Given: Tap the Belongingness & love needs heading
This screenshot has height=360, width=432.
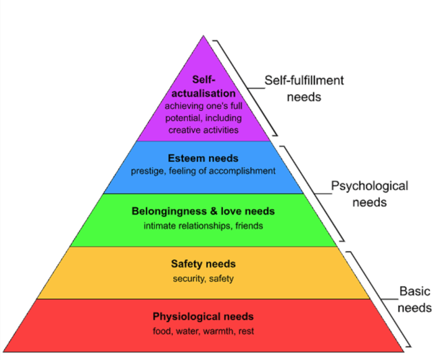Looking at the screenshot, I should coord(203,211).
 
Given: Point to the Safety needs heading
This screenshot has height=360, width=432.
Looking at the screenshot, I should coord(203,264).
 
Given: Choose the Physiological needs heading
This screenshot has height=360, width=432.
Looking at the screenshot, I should coord(203,317).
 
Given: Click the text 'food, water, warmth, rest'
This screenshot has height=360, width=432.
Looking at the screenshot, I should coord(203,331).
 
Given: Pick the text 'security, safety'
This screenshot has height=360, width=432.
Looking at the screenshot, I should coord(203,278).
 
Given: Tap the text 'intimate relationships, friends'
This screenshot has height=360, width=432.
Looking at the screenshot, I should coord(203,225).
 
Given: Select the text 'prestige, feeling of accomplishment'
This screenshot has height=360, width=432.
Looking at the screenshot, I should coord(203,171).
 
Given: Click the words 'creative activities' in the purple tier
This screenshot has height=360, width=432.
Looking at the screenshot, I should coord(203,129).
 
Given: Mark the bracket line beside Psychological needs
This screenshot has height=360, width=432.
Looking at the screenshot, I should coord(316,193).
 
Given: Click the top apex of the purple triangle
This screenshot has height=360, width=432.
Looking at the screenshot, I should coord(203,36).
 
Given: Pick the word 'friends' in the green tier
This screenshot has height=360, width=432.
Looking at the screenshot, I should coord(249,225).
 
